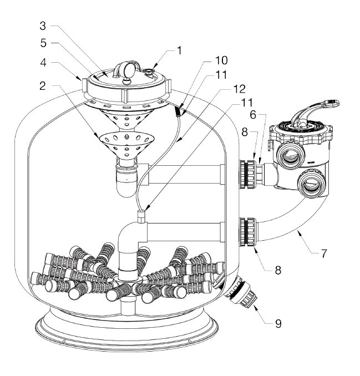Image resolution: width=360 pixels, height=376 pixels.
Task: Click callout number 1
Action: coord(179,50)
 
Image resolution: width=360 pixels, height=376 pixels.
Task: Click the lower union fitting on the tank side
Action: coord(247,232)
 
